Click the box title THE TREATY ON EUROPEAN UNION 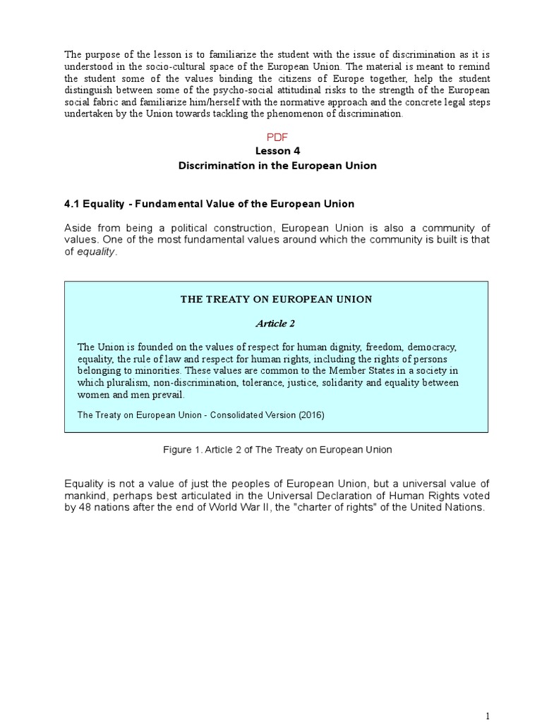pyautogui.click(x=276, y=299)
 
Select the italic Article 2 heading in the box pyautogui.click(x=275, y=324)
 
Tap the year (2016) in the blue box pyautogui.click(x=308, y=415)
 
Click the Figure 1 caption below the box pyautogui.click(x=276, y=449)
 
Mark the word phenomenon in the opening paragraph pyautogui.click(x=314, y=114)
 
